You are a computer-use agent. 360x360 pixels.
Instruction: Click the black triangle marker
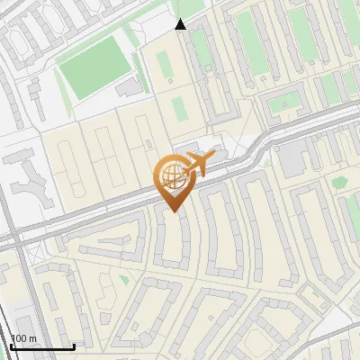pyautogui.click(x=180, y=24)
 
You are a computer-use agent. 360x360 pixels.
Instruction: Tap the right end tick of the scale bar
pyautogui.click(x=74, y=346)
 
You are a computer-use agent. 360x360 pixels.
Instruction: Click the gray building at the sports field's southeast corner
pyautogui.click(x=130, y=86)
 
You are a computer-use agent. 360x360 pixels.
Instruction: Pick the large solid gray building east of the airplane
pyautogui.click(x=290, y=159)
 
